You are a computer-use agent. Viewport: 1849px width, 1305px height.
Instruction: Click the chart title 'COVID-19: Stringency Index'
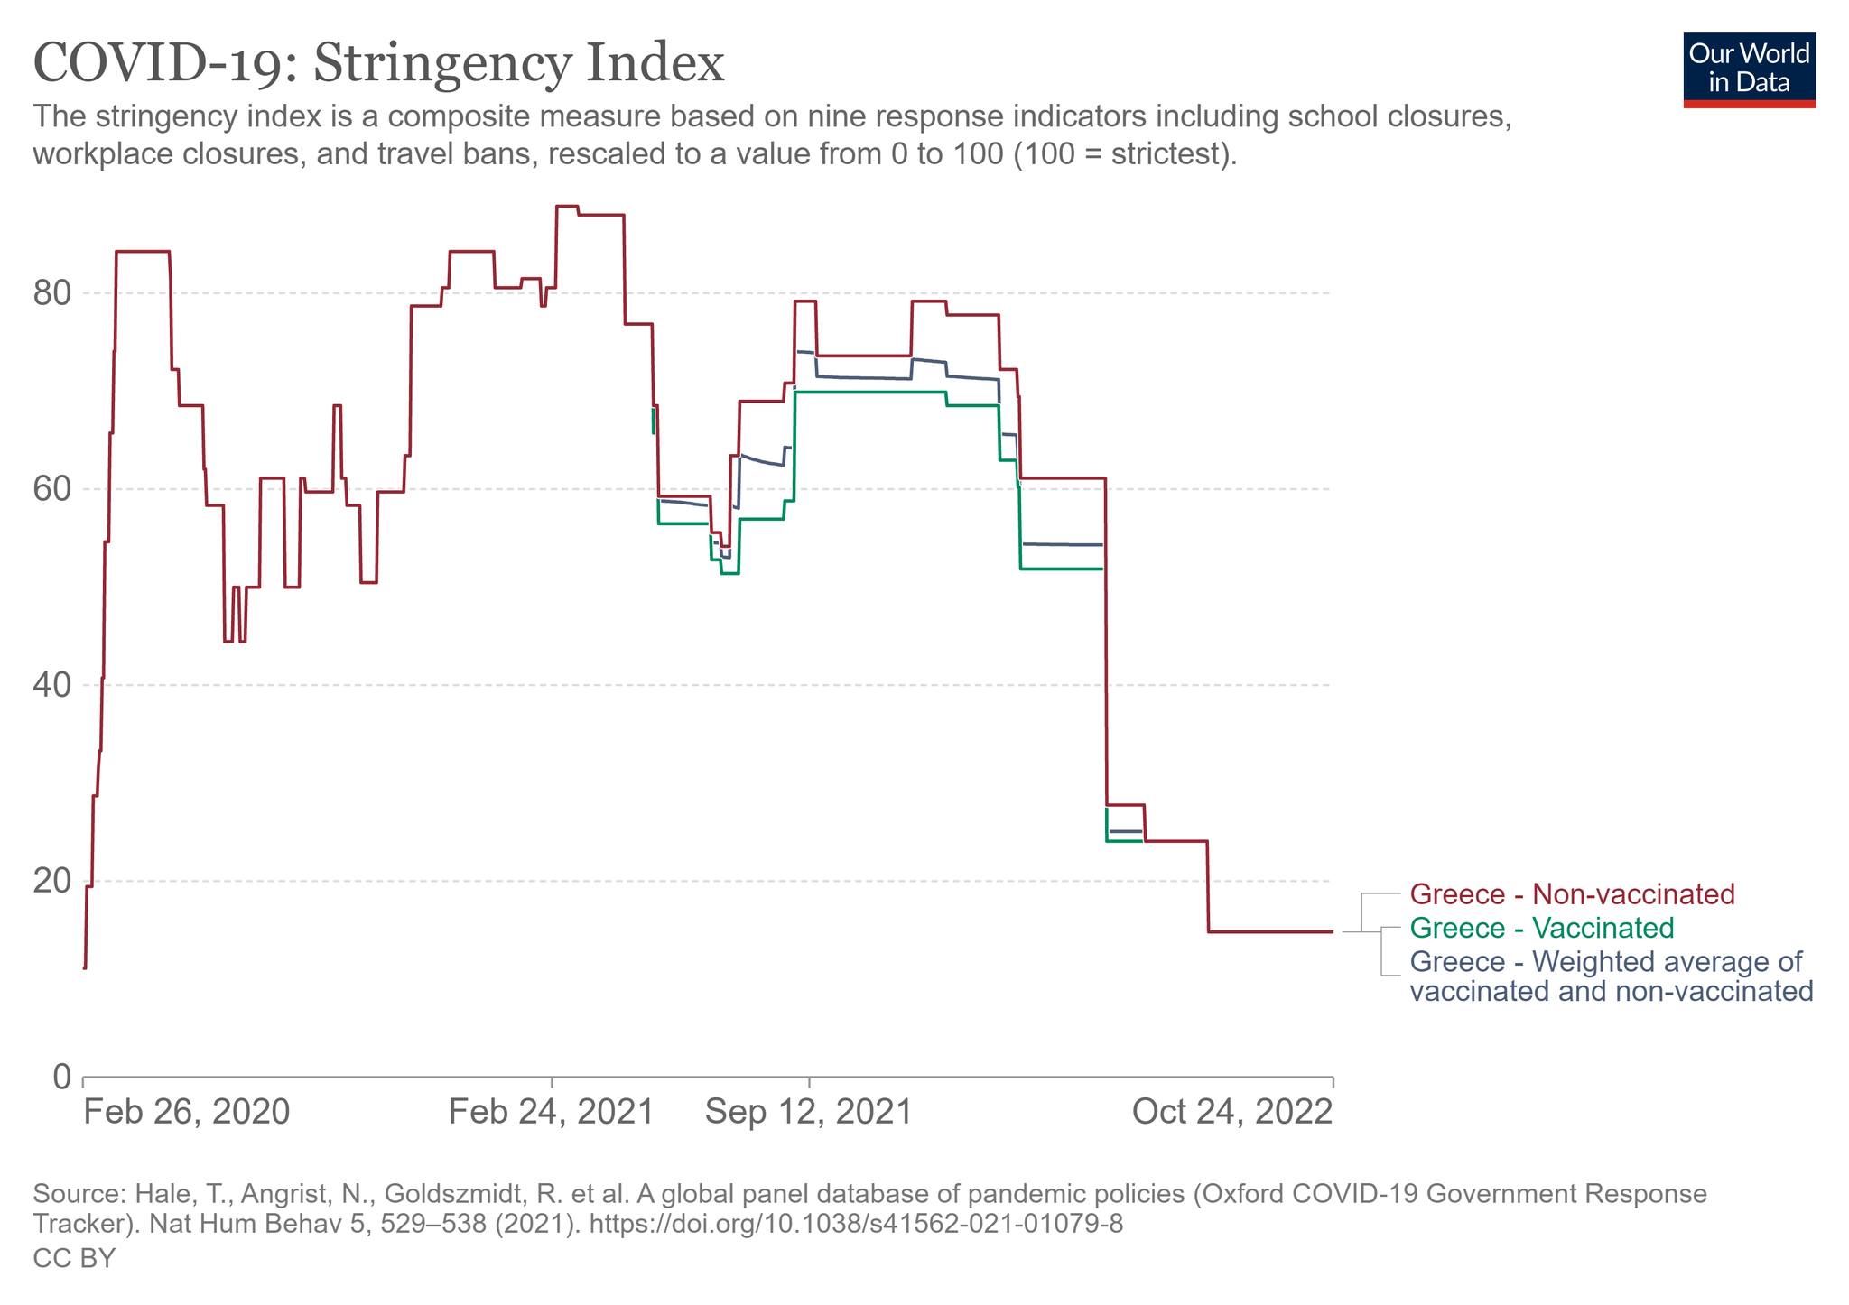[x=378, y=63]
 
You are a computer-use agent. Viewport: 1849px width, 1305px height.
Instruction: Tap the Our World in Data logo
[x=1749, y=70]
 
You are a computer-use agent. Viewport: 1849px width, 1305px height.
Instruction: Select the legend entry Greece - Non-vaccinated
[x=1572, y=894]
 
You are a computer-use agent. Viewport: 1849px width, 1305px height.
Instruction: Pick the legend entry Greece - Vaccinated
[x=1541, y=928]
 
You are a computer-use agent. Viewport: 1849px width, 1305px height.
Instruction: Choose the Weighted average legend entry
[x=1611, y=976]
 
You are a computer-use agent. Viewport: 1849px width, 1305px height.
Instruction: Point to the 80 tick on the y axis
[x=52, y=293]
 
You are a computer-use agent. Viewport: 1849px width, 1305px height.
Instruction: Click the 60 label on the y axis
[x=52, y=489]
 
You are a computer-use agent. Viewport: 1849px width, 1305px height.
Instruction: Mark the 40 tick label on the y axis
[x=52, y=685]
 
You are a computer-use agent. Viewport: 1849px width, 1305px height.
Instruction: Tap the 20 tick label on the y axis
[x=52, y=881]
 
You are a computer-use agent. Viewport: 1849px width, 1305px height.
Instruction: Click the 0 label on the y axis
[x=61, y=1077]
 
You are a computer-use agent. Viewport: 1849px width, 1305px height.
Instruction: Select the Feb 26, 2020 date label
[x=187, y=1111]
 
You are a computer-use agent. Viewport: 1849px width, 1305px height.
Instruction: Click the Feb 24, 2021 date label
[x=551, y=1111]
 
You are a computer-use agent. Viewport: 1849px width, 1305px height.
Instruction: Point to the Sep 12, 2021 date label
[x=808, y=1111]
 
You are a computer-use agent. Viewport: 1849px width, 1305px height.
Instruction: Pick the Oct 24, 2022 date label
[x=1231, y=1111]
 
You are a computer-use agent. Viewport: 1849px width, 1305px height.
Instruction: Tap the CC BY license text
[x=74, y=1258]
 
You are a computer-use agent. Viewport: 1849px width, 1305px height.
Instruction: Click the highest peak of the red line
[x=566, y=206]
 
